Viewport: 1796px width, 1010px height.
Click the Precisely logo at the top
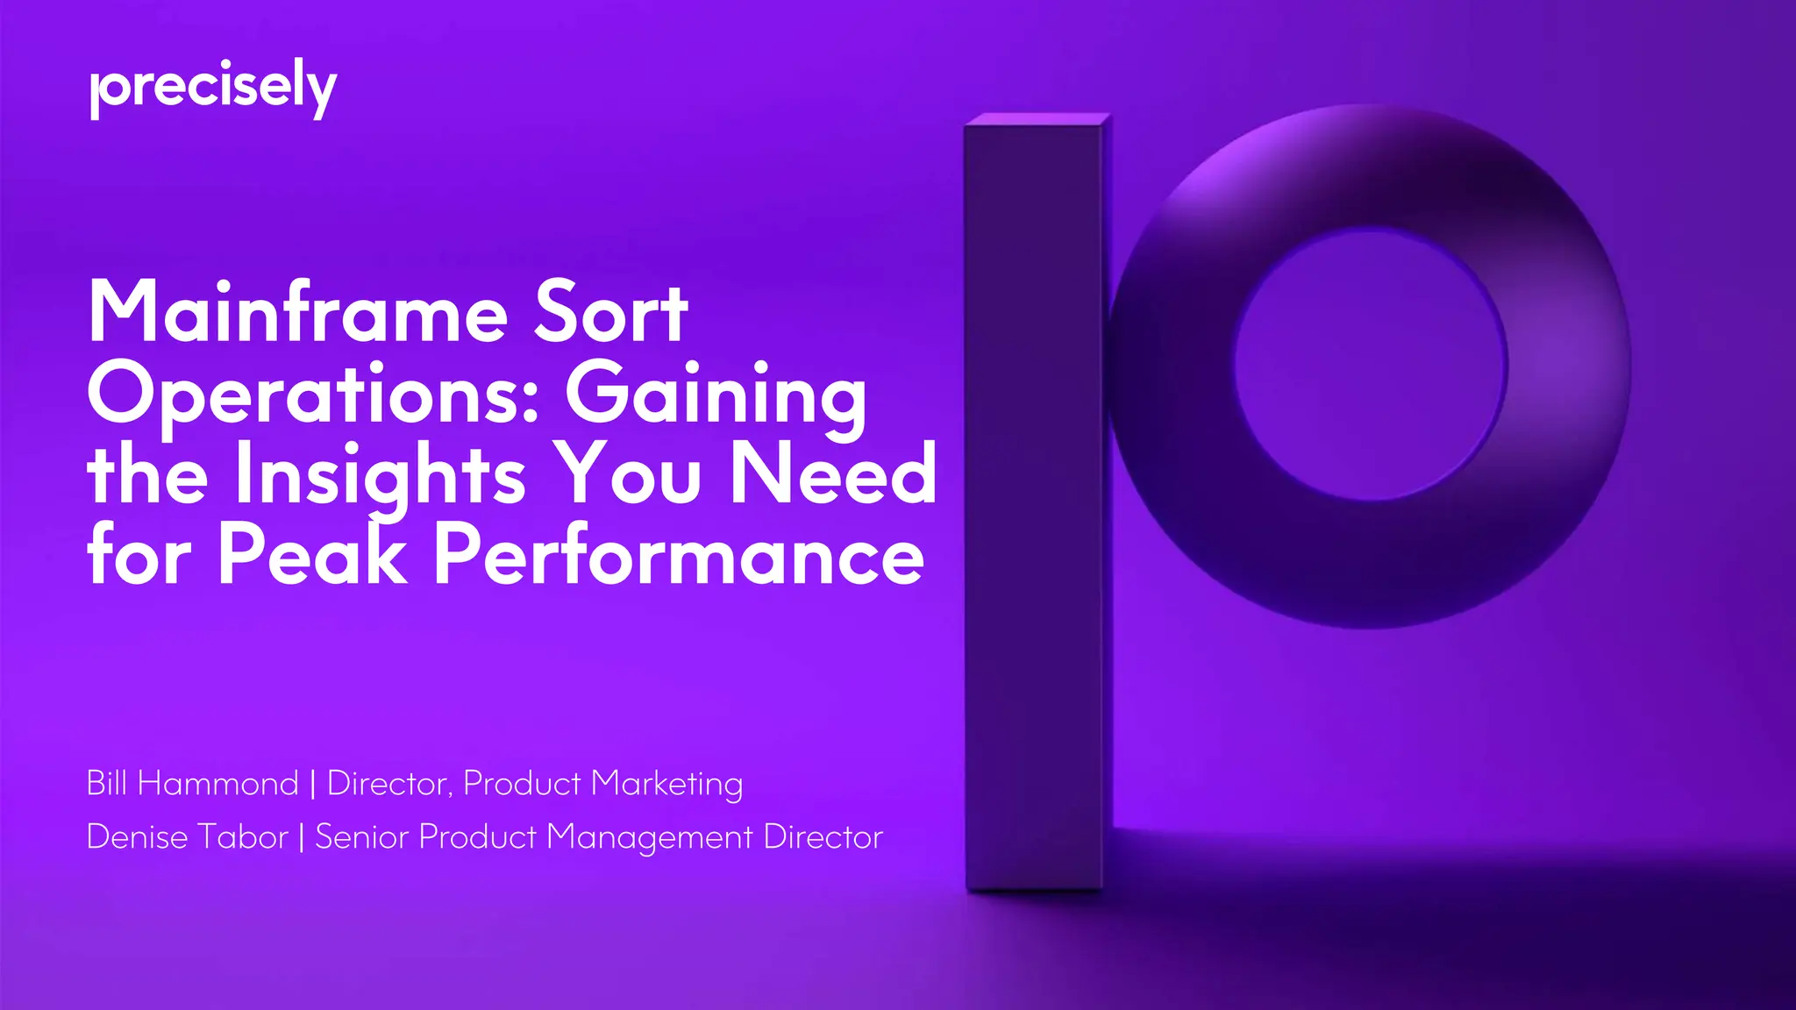pyautogui.click(x=213, y=89)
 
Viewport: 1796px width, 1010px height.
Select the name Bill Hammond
pyautogui.click(x=192, y=783)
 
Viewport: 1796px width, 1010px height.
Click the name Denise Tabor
pyautogui.click(x=187, y=836)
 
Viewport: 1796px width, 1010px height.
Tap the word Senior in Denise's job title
pyautogui.click(x=361, y=836)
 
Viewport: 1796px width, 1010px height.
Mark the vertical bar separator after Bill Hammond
pyautogui.click(x=313, y=783)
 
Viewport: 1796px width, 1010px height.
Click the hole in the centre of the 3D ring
pyautogui.click(x=1371, y=364)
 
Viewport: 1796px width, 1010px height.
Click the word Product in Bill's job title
pyautogui.click(x=522, y=783)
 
